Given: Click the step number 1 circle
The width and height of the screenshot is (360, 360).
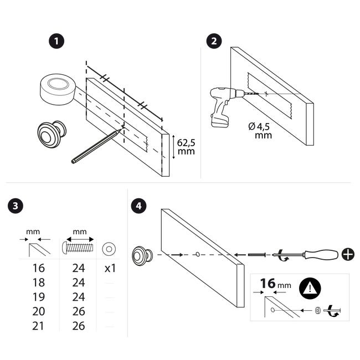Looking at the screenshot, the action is click(56, 42).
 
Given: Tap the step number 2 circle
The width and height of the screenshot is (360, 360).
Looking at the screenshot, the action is click(214, 42).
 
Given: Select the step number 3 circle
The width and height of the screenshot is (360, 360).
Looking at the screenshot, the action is click(16, 205).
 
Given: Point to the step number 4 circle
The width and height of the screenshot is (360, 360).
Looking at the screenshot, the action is click(138, 205).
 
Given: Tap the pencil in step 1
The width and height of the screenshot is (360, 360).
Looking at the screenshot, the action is click(96, 146).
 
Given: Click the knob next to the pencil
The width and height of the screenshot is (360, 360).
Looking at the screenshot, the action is click(52, 135).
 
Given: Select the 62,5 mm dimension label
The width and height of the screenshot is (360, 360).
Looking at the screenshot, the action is click(186, 147).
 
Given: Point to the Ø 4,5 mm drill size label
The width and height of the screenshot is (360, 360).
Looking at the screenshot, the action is click(260, 131).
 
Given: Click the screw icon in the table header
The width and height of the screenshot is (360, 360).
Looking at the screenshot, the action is click(78, 247).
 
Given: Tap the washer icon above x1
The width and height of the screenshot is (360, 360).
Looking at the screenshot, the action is click(109, 249).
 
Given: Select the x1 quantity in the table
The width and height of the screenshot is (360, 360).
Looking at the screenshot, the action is click(110, 268).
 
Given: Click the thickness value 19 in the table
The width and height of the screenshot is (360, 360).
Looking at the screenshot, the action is click(38, 297).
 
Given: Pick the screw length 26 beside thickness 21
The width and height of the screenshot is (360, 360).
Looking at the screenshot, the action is click(79, 326).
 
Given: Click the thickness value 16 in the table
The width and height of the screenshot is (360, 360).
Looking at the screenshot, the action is click(38, 268).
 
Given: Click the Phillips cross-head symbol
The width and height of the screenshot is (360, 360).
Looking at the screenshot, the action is click(348, 254).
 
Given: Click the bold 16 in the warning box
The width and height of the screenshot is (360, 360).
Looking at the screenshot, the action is click(268, 284).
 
